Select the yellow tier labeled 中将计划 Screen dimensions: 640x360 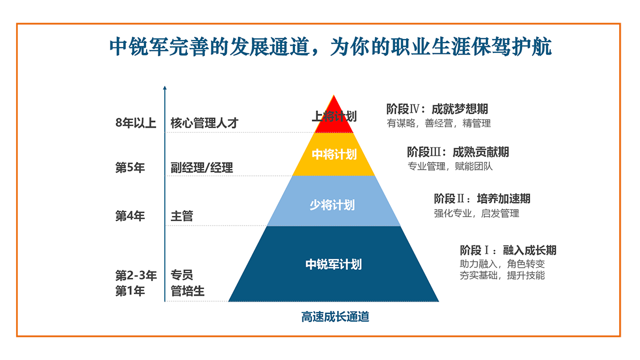coord(334,154)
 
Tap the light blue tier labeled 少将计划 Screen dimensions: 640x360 coord(334,201)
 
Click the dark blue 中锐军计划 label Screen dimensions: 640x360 coord(333,265)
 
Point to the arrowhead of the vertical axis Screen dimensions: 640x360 coord(165,87)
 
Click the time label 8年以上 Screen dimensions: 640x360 coord(135,123)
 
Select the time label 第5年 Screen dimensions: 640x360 coord(130,167)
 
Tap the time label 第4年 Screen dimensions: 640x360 coord(130,215)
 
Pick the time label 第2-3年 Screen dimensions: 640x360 coord(136,275)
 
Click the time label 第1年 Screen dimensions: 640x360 coord(130,291)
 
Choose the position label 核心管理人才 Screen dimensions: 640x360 coord(205,123)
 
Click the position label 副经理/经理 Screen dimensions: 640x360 coord(202,167)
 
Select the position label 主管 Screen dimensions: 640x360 coord(182,216)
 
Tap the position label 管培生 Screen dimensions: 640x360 coord(187,291)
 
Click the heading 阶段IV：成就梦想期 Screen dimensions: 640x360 coord(437,109)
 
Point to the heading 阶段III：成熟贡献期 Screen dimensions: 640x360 coord(458,152)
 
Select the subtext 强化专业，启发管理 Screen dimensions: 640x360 coord(477,213)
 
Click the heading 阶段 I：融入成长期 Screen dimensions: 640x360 coord(508,250)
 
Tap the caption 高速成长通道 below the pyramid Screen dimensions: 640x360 coord(335,317)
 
